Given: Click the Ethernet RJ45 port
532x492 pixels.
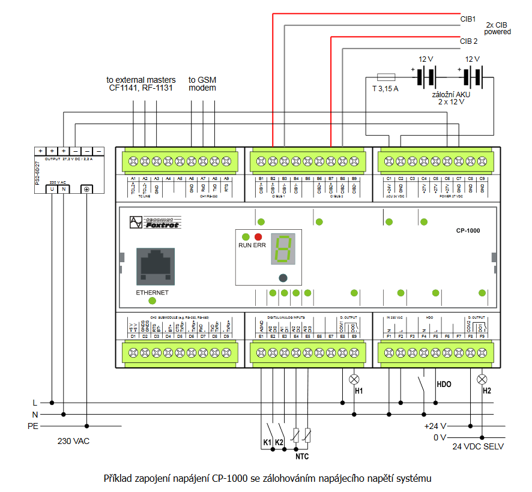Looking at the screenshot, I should click(x=156, y=266).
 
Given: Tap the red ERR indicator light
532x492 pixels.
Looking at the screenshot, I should click(x=258, y=237).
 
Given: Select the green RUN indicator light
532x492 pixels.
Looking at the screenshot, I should click(x=246, y=237).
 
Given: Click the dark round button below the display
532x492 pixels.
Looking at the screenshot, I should click(x=282, y=278).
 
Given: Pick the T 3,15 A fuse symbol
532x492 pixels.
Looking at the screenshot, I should click(x=385, y=77).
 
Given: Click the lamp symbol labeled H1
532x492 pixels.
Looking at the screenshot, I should click(x=354, y=379).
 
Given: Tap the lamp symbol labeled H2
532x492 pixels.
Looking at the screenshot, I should click(x=482, y=379).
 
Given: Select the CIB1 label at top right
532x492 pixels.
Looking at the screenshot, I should click(x=468, y=19).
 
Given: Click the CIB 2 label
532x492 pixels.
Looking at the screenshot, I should click(x=468, y=41).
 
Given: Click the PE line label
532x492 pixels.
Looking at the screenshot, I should click(x=33, y=426).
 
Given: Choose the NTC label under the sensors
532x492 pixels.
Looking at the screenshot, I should click(x=302, y=456).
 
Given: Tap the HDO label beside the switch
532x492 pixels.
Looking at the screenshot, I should click(x=444, y=384).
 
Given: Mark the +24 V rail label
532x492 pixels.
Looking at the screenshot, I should click(x=435, y=426).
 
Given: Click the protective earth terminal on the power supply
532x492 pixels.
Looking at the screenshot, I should click(x=87, y=189).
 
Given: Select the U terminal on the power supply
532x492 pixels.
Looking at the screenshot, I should click(x=52, y=189).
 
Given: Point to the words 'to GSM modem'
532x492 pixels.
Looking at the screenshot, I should click(x=202, y=83).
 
